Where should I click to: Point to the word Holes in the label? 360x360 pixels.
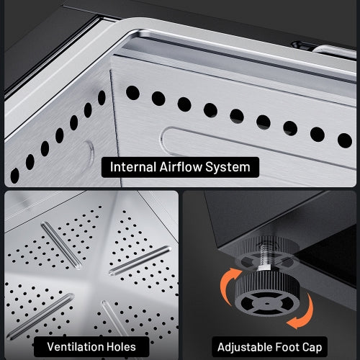coord(120,346)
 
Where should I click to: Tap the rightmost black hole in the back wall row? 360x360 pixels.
coord(344,140)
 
